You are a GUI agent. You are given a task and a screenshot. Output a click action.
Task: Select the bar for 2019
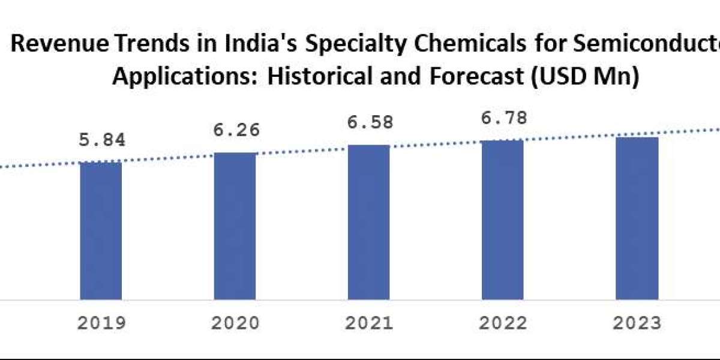(x=101, y=230)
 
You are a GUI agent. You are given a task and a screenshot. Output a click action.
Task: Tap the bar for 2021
(x=368, y=222)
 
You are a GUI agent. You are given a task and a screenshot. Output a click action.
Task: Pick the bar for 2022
(x=502, y=220)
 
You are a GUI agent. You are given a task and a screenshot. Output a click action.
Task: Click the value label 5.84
(x=101, y=140)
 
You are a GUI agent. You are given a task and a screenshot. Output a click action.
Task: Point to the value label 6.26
(x=235, y=130)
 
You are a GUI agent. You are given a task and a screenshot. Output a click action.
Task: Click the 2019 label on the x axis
(x=101, y=323)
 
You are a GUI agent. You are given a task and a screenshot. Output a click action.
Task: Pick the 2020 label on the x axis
(x=235, y=323)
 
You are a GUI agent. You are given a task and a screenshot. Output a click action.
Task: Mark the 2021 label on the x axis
(x=369, y=323)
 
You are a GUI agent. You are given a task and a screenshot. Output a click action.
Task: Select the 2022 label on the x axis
(x=503, y=323)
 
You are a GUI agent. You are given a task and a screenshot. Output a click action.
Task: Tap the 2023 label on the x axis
(x=637, y=323)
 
